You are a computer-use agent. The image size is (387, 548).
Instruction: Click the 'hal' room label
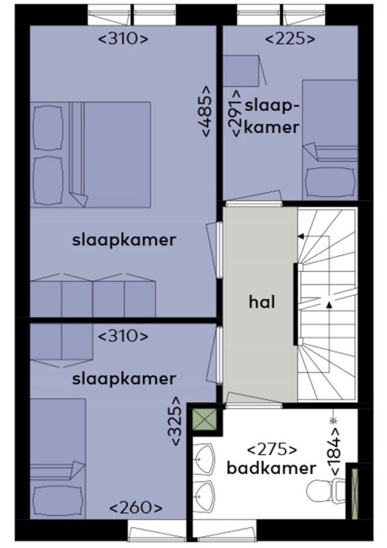[x=262, y=302]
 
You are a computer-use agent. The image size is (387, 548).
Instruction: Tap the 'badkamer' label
[x=271, y=468]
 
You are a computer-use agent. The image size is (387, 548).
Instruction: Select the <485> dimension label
[x=206, y=111]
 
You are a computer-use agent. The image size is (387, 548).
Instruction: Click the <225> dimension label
[x=290, y=38]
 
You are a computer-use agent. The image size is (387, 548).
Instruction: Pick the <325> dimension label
[x=176, y=421]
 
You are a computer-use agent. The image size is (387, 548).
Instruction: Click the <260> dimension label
[x=136, y=508]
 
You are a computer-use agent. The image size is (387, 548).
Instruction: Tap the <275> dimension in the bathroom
[x=272, y=449]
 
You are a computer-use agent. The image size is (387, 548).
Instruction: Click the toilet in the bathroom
[x=325, y=490]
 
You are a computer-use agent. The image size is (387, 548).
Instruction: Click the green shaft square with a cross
[x=205, y=419]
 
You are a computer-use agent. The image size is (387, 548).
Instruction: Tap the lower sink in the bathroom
[x=203, y=495]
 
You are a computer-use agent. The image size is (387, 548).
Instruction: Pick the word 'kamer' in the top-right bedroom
[x=271, y=127]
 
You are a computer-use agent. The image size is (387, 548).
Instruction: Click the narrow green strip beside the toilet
[x=355, y=493]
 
